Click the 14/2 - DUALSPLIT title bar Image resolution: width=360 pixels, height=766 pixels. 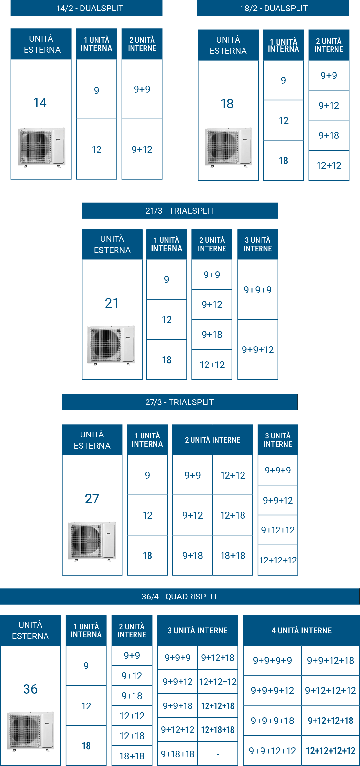(x=86, y=8)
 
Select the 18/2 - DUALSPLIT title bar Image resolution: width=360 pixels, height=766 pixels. (x=273, y=8)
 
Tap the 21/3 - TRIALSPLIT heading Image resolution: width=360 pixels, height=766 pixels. (x=180, y=210)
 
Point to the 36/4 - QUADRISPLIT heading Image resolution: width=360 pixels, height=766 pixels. (x=180, y=596)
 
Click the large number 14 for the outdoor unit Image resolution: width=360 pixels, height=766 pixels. (x=40, y=103)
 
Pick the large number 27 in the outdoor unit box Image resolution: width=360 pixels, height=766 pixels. (x=92, y=499)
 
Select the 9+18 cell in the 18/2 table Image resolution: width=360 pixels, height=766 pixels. (x=329, y=135)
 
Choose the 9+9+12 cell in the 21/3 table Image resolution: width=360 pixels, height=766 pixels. (x=258, y=349)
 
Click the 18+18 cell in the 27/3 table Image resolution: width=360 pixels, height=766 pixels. (x=233, y=555)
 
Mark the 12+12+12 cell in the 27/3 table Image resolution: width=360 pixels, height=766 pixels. (x=278, y=560)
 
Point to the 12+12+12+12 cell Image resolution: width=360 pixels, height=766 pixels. (x=331, y=751)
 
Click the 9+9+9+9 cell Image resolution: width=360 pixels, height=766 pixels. (x=272, y=660)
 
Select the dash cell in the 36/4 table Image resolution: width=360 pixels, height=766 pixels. (x=218, y=754)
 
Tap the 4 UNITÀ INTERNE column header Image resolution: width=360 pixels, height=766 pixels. (x=301, y=630)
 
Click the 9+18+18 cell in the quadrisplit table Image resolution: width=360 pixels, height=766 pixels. (x=178, y=754)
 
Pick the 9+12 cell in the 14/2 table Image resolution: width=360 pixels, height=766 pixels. (x=142, y=149)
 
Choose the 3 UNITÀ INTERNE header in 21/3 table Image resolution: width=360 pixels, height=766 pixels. (x=258, y=244)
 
